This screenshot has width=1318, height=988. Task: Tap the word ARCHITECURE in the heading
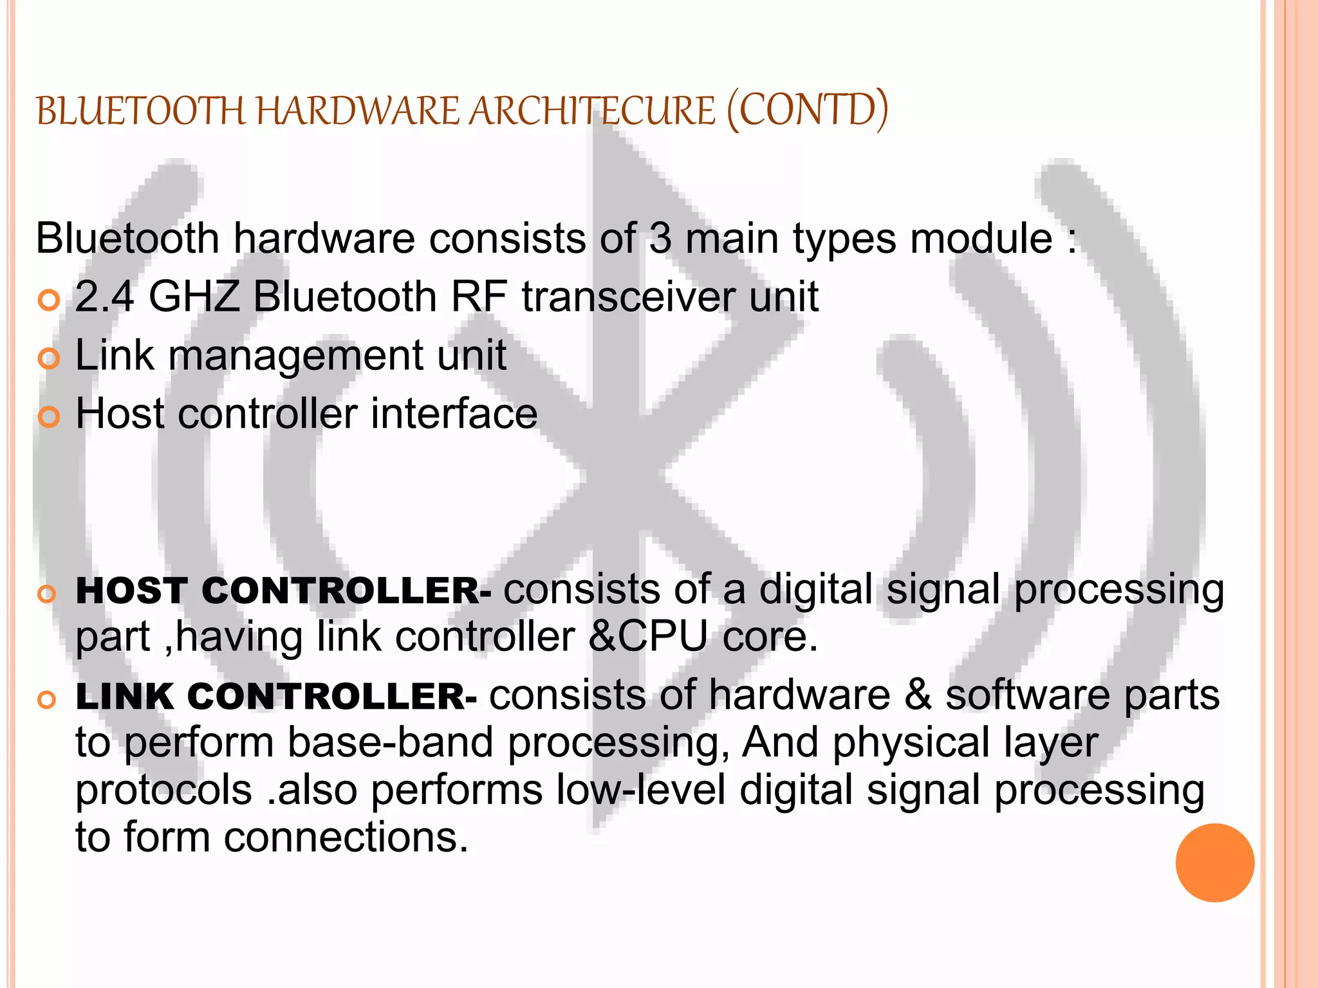(x=591, y=111)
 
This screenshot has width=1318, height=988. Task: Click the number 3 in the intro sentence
(x=660, y=239)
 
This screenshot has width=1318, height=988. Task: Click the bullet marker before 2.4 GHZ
(x=49, y=300)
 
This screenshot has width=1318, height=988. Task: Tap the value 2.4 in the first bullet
(x=104, y=297)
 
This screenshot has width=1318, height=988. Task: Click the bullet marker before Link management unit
(x=49, y=358)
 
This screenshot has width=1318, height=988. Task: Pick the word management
(x=295, y=356)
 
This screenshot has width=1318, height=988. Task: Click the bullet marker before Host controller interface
(x=49, y=417)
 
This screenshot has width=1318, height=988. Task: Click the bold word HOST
(x=131, y=590)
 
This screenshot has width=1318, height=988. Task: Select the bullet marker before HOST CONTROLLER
(x=46, y=594)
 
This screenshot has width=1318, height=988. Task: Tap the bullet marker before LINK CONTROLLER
(x=46, y=700)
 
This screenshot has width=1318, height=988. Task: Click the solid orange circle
(x=1214, y=863)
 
